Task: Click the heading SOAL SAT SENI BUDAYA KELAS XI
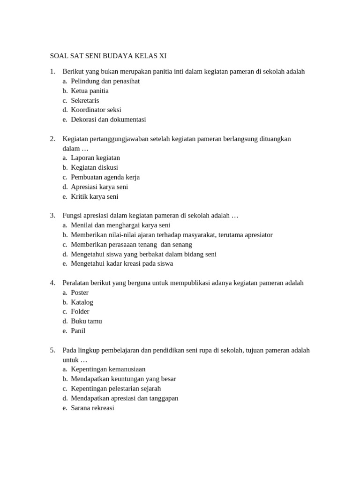coord(108,56)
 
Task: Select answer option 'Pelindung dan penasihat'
coord(105,81)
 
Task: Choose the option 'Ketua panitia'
coord(90,91)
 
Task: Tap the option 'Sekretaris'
coord(85,100)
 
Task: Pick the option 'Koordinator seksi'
coord(96,110)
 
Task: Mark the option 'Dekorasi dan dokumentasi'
coord(108,120)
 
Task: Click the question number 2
coord(52,139)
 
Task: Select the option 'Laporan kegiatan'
coord(95,158)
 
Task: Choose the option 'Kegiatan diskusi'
coord(94,167)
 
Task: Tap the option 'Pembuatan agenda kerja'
coord(105,177)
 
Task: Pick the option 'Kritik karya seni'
coord(94,196)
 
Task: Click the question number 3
coord(52,216)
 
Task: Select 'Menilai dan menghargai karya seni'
coord(120,225)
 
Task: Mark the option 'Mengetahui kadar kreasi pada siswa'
coord(122,263)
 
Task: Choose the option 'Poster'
coord(80,292)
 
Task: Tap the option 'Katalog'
coord(82,302)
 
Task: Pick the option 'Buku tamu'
coord(86,321)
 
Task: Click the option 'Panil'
coord(78,331)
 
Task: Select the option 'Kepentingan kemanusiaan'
coord(108,369)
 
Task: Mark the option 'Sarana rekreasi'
coord(92,408)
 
